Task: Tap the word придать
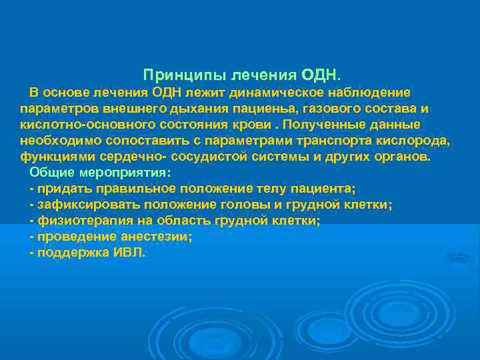[61, 189]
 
